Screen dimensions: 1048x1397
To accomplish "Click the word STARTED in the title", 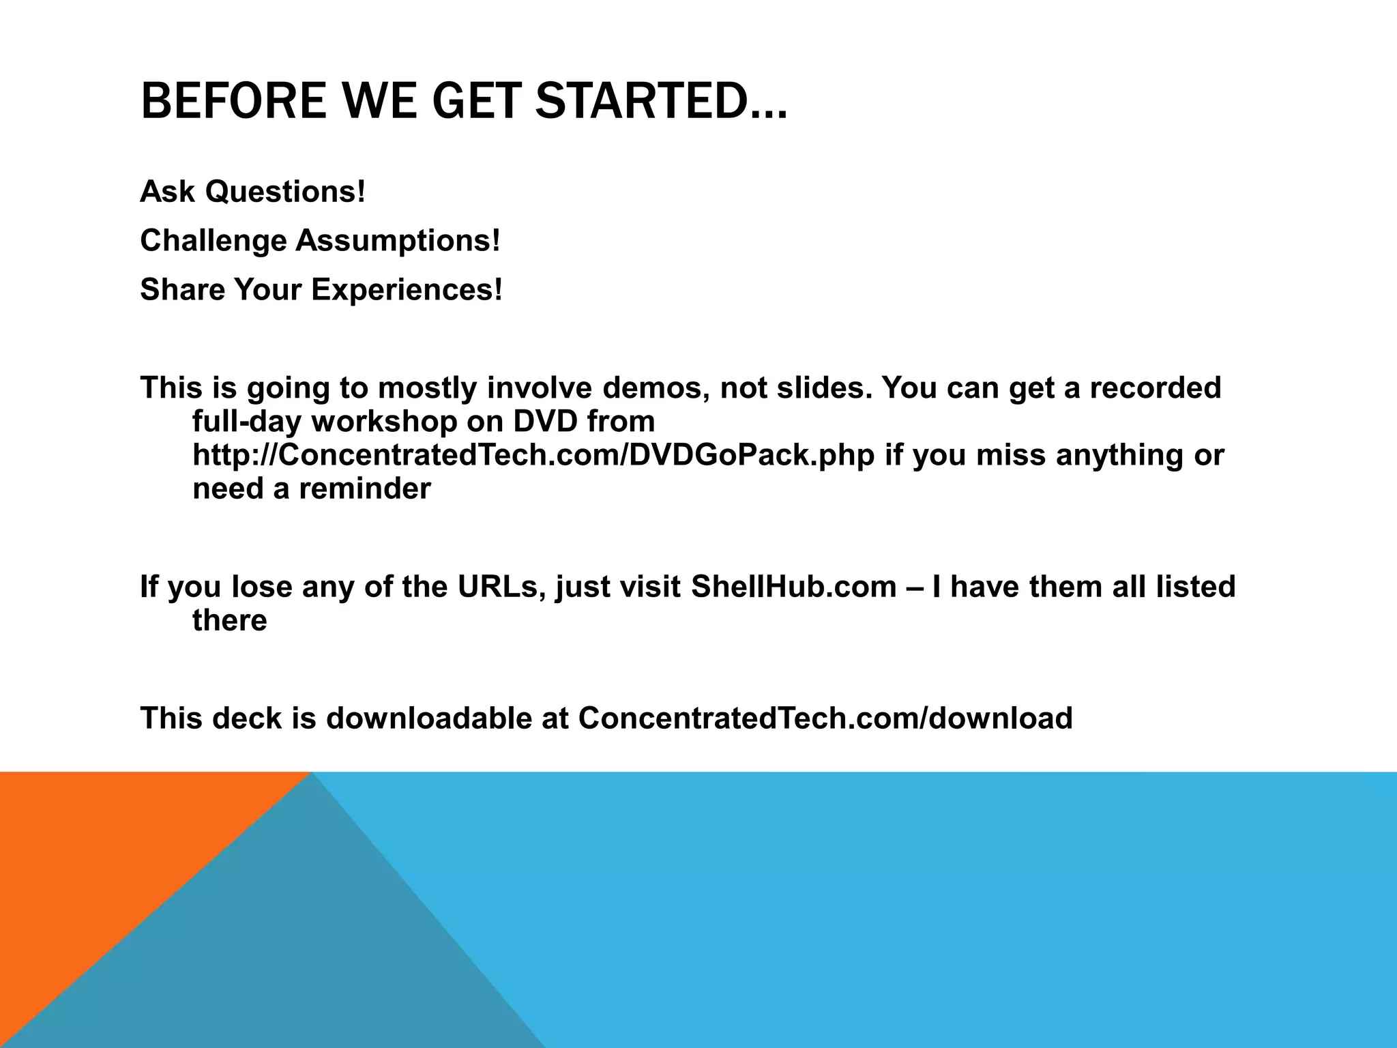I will (x=660, y=101).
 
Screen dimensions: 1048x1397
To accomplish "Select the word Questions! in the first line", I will (x=285, y=192).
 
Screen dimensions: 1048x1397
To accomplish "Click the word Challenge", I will (x=213, y=241).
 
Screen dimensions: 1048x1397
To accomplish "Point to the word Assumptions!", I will (x=398, y=241).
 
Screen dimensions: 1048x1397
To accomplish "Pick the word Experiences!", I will (x=407, y=290).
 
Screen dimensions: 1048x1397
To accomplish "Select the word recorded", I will (x=1155, y=388).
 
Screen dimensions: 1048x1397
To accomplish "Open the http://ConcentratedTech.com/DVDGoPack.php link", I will (x=533, y=455).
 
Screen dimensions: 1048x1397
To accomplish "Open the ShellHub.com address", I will (x=793, y=587).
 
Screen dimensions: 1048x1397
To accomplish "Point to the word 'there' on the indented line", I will (x=230, y=620).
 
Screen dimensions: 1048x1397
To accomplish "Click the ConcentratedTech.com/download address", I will (x=825, y=718).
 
